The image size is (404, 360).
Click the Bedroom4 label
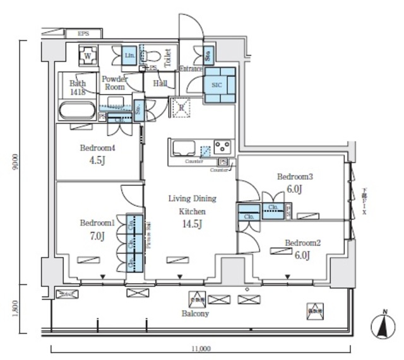pos(97,149)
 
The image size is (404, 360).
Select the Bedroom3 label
pos(295,177)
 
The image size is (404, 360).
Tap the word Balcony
pos(196,313)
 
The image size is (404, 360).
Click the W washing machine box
pos(87,56)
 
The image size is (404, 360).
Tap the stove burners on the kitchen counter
pos(222,148)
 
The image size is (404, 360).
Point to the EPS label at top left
pos(83,33)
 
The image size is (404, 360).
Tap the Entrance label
pos(191,69)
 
